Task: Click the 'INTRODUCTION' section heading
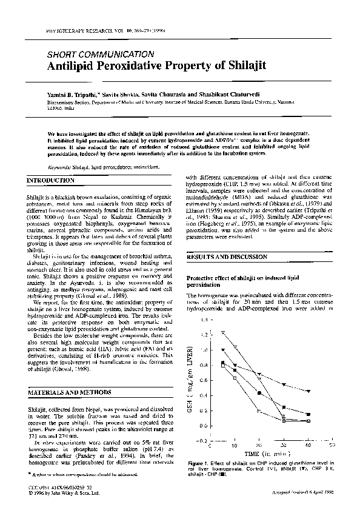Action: tap(50, 181)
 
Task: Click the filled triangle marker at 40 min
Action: tap(308, 391)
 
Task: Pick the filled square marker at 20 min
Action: tap(259, 393)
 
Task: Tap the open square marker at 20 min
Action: tap(259, 411)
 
